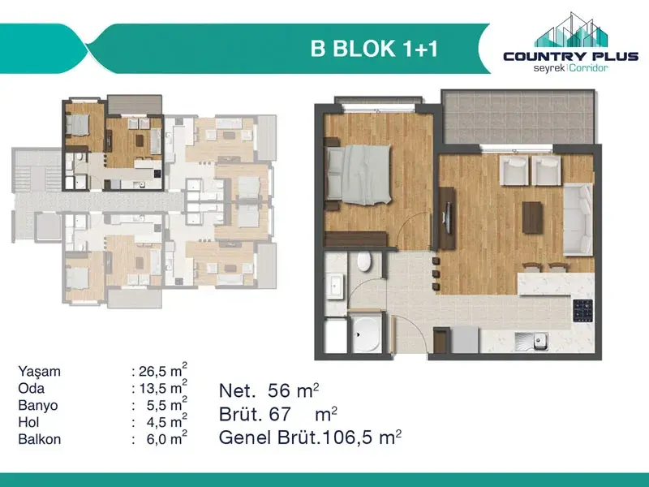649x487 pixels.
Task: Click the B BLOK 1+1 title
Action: click(x=374, y=49)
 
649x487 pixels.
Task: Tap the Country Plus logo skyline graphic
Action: click(x=571, y=30)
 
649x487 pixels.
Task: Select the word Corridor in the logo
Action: click(x=589, y=67)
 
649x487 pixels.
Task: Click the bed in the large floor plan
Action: click(x=358, y=175)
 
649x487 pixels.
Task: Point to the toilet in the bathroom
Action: click(x=364, y=261)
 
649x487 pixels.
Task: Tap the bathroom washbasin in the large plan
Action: click(x=335, y=287)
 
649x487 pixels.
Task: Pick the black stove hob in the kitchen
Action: click(x=582, y=310)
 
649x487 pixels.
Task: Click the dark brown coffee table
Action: click(x=532, y=217)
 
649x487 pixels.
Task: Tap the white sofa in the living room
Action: click(x=578, y=219)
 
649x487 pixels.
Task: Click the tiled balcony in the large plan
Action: click(x=518, y=117)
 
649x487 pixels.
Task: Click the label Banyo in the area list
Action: click(x=38, y=405)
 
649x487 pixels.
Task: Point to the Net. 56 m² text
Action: click(x=269, y=390)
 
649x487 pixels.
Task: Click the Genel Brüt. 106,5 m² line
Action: click(x=311, y=437)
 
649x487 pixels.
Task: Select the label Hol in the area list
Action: click(x=28, y=422)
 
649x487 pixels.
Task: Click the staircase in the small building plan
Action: click(x=37, y=170)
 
